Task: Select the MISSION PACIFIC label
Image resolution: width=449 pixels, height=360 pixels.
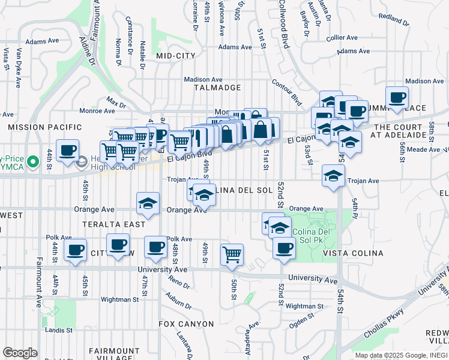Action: click(44, 127)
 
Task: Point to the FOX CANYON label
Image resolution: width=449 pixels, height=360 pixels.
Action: click(186, 324)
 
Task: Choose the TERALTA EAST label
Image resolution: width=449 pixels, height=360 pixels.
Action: click(115, 224)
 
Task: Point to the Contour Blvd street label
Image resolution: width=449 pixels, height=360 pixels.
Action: click(286, 91)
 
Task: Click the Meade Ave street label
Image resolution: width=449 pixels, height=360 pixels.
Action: click(424, 149)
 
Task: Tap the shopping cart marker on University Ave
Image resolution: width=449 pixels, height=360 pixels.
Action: click(232, 254)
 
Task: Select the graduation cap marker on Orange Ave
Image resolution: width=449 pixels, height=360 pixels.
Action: click(148, 203)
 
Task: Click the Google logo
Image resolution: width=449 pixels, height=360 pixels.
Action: click(20, 353)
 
